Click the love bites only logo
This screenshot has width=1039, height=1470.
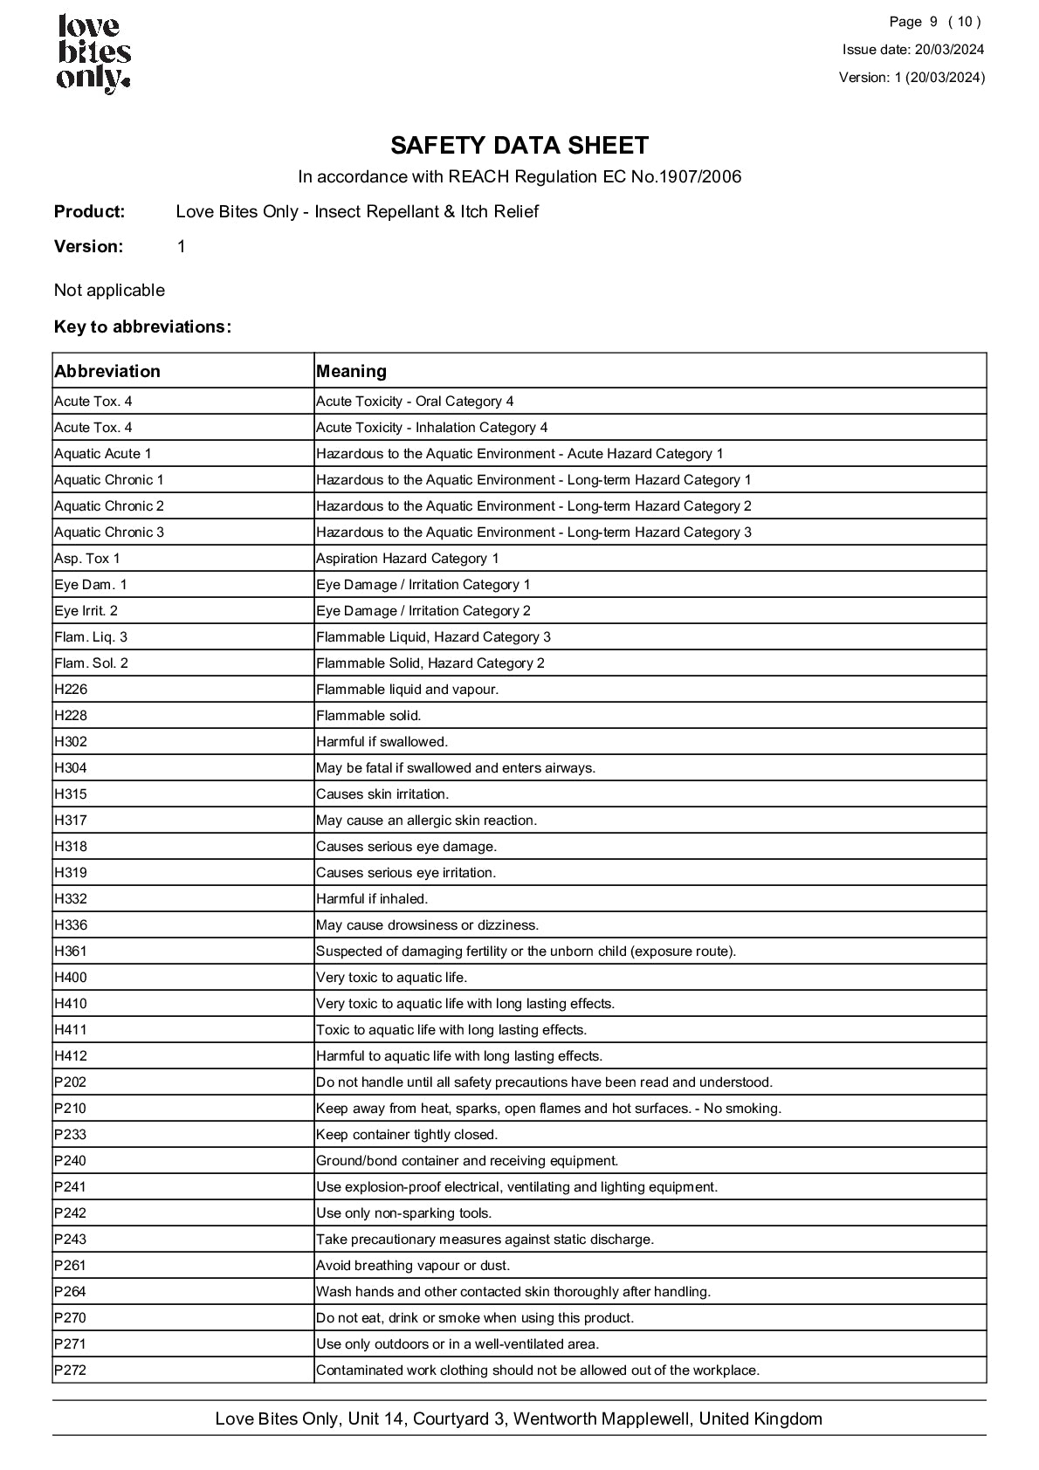[x=93, y=54]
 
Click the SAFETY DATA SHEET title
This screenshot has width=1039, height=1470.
[x=519, y=145]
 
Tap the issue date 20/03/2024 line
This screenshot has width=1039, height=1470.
[x=913, y=50]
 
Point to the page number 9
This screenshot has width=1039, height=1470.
[x=933, y=22]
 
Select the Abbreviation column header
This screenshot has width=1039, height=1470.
[x=107, y=371]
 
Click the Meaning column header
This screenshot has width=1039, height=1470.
[x=351, y=371]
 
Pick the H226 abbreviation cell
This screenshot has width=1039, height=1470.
[x=71, y=690]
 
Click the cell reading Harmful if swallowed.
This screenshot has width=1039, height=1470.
[x=382, y=742]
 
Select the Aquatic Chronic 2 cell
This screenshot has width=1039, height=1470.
[x=109, y=506]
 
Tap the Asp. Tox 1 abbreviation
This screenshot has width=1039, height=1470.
[x=87, y=559]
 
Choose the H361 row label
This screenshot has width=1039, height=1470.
[x=71, y=951]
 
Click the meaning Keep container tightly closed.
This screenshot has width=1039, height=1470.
[x=407, y=1135]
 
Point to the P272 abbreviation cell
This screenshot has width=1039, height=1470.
[x=71, y=1370]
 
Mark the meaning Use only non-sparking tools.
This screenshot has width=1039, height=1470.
[x=404, y=1213]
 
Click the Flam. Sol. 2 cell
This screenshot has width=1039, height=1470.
[x=92, y=663]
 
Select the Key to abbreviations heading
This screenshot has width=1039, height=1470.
[x=142, y=326]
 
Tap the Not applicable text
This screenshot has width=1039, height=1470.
[x=109, y=290]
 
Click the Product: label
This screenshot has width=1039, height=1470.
[x=90, y=211]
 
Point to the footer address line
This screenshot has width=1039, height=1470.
[x=519, y=1418]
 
